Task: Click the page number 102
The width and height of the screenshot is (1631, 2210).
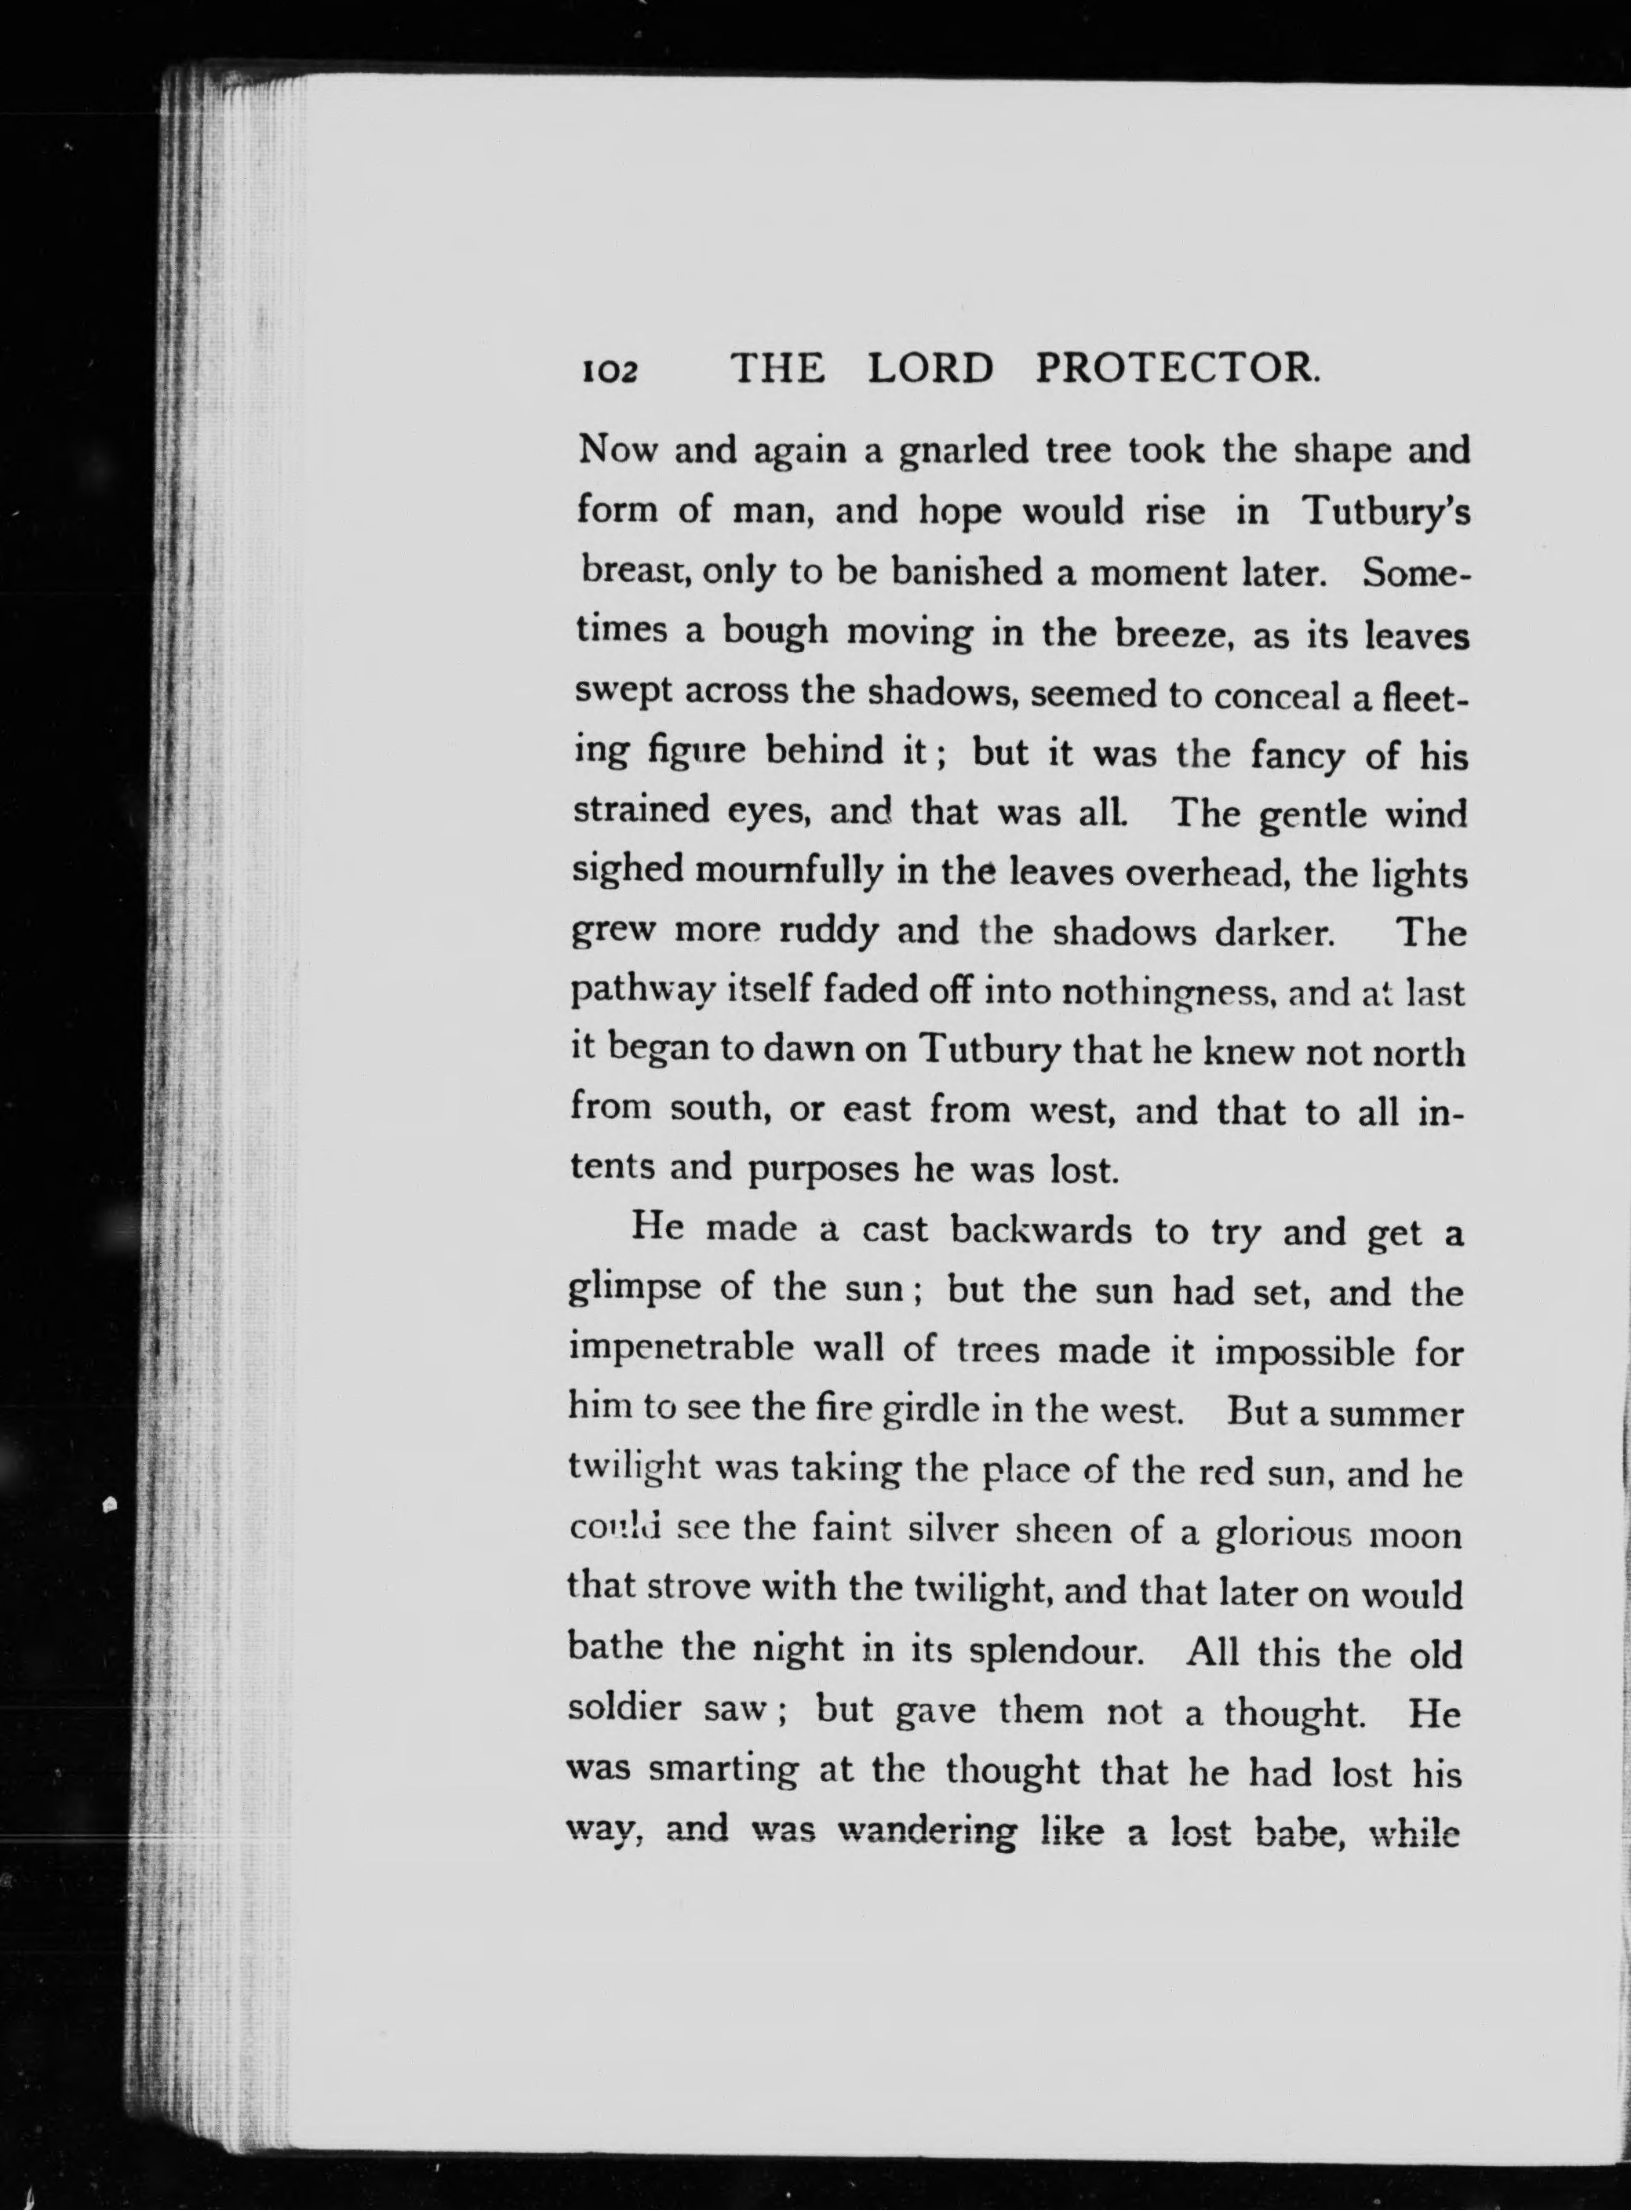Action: click(x=609, y=370)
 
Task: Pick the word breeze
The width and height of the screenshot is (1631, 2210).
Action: click(x=1170, y=632)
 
